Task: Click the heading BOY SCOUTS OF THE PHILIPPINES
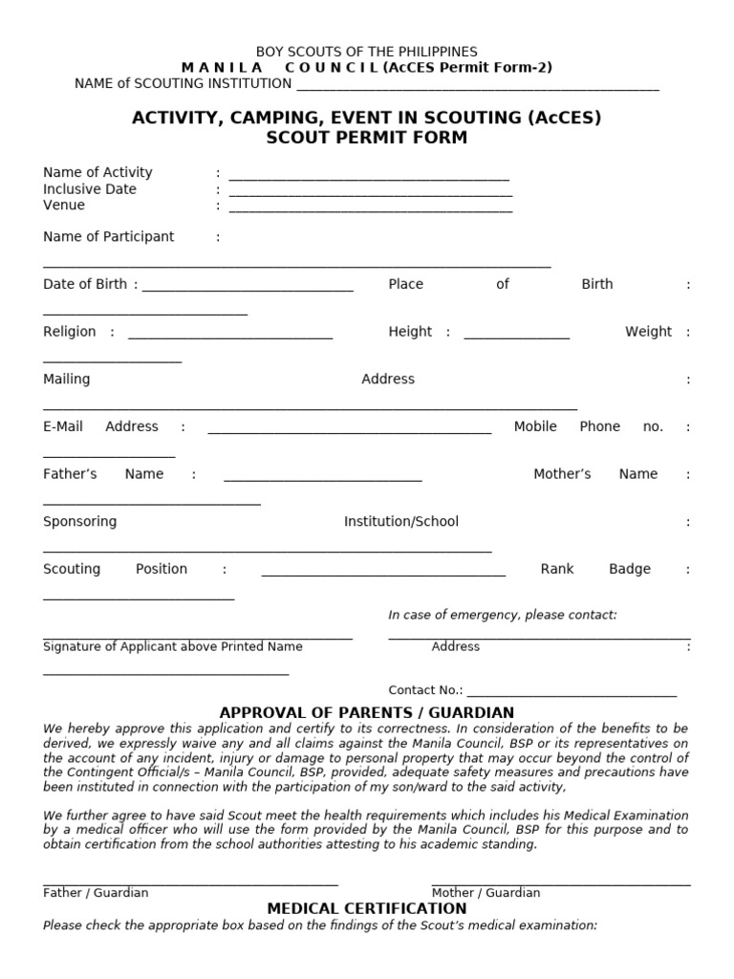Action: [x=367, y=52]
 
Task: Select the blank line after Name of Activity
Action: [x=369, y=178]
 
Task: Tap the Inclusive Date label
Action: [x=90, y=189]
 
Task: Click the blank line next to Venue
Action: [x=371, y=210]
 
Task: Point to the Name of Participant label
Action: [x=109, y=237]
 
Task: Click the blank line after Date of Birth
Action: [x=248, y=289]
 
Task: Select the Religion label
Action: [x=70, y=332]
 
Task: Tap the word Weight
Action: [x=648, y=332]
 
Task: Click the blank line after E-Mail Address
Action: [x=350, y=432]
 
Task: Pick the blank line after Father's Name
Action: [x=323, y=479]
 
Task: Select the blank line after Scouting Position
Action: [x=383, y=575]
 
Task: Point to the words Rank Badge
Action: [x=595, y=569]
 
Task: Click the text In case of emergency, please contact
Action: [x=503, y=615]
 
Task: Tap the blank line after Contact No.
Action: [x=572, y=695]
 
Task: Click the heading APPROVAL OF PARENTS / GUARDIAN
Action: [x=367, y=713]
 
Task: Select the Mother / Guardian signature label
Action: [x=486, y=893]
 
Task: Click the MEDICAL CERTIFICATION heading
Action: [x=367, y=909]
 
